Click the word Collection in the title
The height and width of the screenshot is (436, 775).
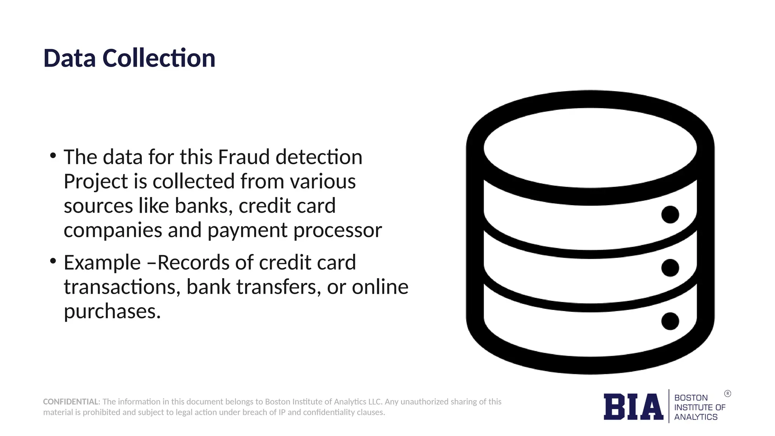pyautogui.click(x=159, y=58)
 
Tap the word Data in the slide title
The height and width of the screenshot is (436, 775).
pyautogui.click(x=70, y=58)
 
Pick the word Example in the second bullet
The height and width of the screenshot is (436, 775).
pyautogui.click(x=102, y=262)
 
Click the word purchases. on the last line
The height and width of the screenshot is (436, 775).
pyautogui.click(x=112, y=311)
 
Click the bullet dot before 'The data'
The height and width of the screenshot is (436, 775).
pyautogui.click(x=53, y=155)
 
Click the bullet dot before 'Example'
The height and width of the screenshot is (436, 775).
pyautogui.click(x=53, y=261)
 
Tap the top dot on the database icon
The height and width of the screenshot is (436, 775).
pyautogui.click(x=670, y=215)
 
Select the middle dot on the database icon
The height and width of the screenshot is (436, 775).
pyautogui.click(x=670, y=268)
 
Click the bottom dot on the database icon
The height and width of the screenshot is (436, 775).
pyautogui.click(x=670, y=321)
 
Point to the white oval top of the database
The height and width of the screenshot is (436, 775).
pyautogui.click(x=590, y=148)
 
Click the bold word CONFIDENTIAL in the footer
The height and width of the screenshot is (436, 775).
pyautogui.click(x=71, y=402)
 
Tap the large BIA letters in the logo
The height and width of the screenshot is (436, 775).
pyautogui.click(x=633, y=407)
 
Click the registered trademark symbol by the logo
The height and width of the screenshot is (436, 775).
pyautogui.click(x=728, y=394)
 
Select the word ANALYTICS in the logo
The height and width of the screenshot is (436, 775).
pyautogui.click(x=696, y=417)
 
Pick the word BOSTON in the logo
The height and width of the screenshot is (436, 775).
pyautogui.click(x=691, y=398)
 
